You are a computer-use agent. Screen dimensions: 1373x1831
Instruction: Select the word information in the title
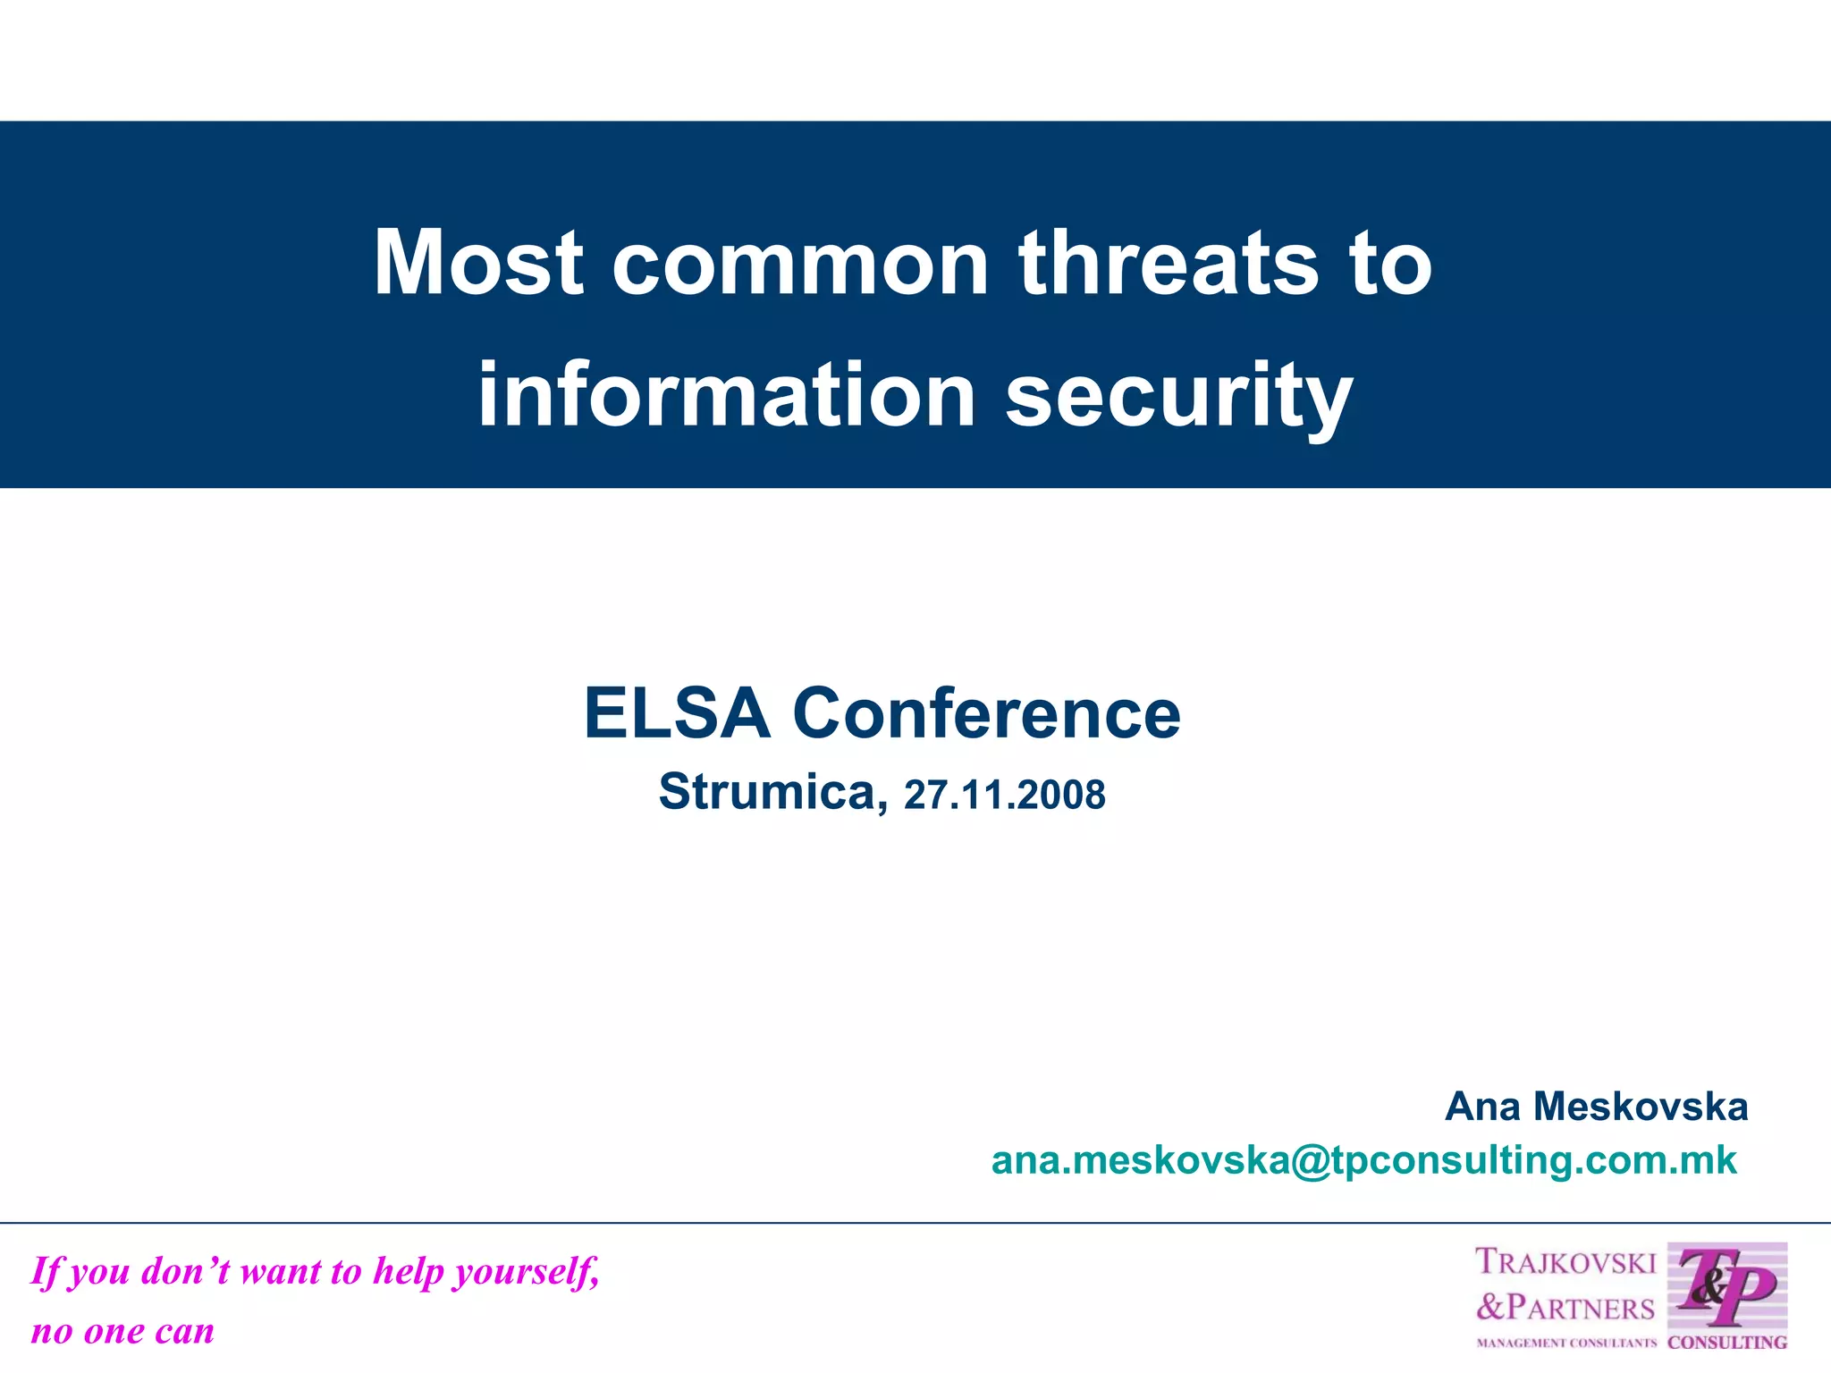(x=726, y=395)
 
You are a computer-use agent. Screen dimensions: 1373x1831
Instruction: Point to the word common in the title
(x=800, y=265)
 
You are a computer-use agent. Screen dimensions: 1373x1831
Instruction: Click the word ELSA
(x=677, y=713)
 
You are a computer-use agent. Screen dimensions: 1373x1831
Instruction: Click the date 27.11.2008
(x=1004, y=795)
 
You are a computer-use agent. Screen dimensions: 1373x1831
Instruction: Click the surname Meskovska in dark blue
(x=1641, y=1107)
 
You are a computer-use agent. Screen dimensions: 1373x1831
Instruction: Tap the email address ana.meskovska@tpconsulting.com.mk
(x=1363, y=1160)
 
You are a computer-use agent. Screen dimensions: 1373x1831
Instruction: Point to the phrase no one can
(x=122, y=1331)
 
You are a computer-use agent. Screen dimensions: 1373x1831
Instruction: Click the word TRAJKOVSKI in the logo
(x=1565, y=1262)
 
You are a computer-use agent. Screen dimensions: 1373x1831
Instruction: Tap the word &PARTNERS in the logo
(x=1565, y=1307)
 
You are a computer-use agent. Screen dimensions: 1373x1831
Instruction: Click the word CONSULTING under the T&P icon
(x=1727, y=1343)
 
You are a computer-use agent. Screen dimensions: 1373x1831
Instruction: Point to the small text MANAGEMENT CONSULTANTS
(x=1565, y=1343)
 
